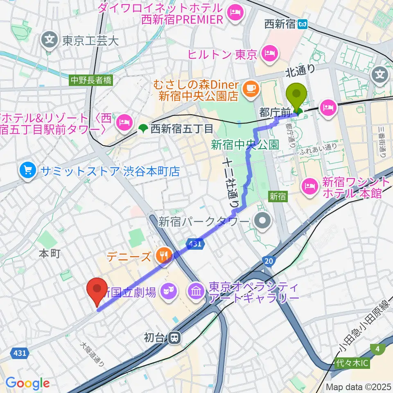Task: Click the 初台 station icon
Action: coord(175,338)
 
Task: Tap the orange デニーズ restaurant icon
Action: coord(163,257)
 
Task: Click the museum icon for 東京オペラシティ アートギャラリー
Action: coord(196,292)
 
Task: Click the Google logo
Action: coord(27,383)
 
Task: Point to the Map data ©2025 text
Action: coord(359,387)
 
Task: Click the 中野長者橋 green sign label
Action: coord(90,81)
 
